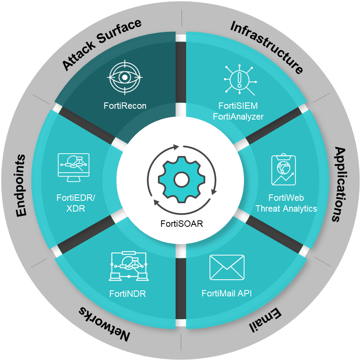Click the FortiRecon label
point(125,106)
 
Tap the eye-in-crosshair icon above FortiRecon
point(125,76)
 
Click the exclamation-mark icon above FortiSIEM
point(239,77)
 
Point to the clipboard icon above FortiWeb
point(284,170)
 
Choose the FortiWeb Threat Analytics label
point(286,203)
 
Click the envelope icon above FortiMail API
point(227,267)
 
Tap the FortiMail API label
point(227,294)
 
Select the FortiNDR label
point(128,294)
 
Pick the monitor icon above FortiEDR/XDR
point(74,167)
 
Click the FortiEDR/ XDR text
point(76,203)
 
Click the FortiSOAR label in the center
point(182,224)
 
